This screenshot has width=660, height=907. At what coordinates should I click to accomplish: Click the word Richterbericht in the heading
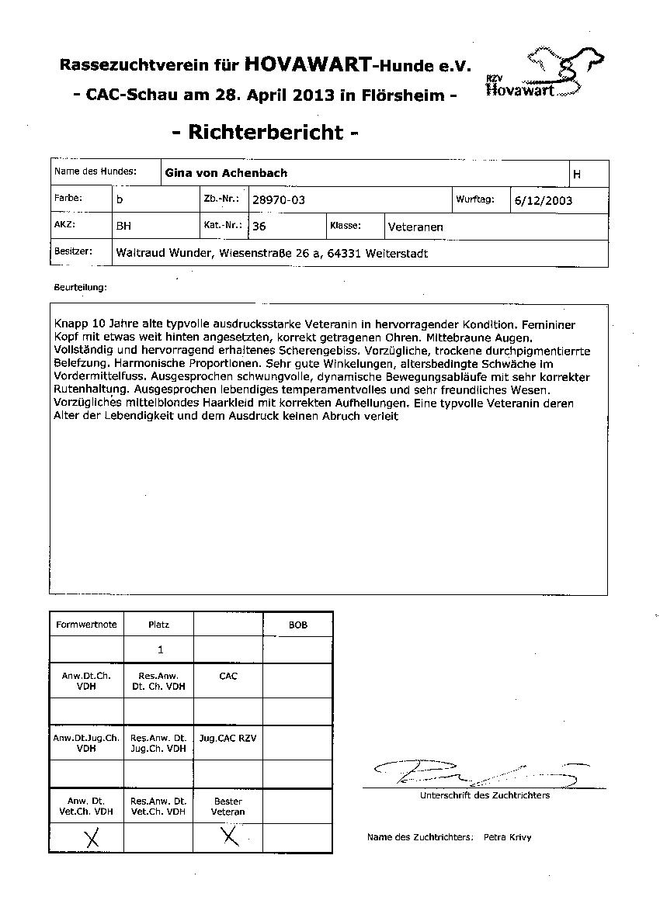[265, 132]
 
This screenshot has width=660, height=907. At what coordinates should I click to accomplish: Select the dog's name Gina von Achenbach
[226, 174]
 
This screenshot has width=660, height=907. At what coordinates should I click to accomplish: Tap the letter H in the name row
[576, 175]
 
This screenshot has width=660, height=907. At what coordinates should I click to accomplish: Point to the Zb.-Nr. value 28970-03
[279, 200]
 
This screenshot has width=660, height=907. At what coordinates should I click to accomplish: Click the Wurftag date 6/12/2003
[544, 200]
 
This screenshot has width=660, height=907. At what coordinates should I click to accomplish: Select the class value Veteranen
[415, 227]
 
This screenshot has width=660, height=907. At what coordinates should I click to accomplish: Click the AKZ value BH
[123, 227]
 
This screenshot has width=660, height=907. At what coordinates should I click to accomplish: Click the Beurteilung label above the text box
[81, 287]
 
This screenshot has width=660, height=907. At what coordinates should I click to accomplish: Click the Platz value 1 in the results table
[160, 650]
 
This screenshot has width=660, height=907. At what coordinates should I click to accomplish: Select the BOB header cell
[297, 625]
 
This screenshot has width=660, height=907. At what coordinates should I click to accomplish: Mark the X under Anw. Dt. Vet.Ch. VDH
[92, 838]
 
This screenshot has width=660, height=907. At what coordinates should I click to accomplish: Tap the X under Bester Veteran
[229, 836]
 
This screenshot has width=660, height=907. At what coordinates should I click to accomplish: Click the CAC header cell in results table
[228, 677]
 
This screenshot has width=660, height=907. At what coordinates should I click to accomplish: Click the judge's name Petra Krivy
[507, 838]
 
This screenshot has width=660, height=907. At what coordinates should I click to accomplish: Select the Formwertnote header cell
[86, 625]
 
